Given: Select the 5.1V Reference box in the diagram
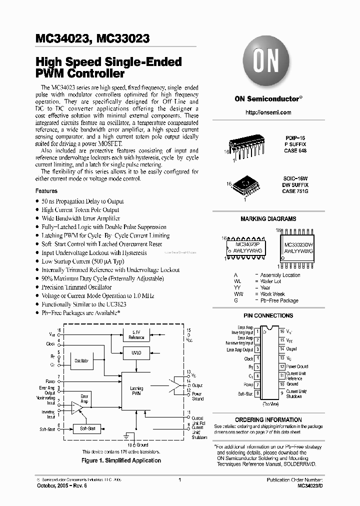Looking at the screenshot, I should pyautogui.click(x=137, y=335).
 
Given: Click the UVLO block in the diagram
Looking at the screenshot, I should pyautogui.click(x=137, y=352).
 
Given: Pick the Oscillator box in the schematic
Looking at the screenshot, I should pyautogui.click(x=81, y=360).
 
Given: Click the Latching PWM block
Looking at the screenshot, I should pyautogui.click(x=136, y=391).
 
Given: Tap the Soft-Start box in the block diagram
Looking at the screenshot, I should pyautogui.click(x=87, y=428).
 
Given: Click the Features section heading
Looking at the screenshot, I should pyautogui.click(x=46, y=191).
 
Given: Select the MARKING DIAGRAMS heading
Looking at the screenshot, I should pyautogui.click(x=268, y=219).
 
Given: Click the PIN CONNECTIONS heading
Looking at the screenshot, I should pyautogui.click(x=268, y=316).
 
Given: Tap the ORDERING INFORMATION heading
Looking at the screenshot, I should pyautogui.click(x=268, y=420).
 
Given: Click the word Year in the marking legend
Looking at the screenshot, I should pyautogui.click(x=265, y=288).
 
